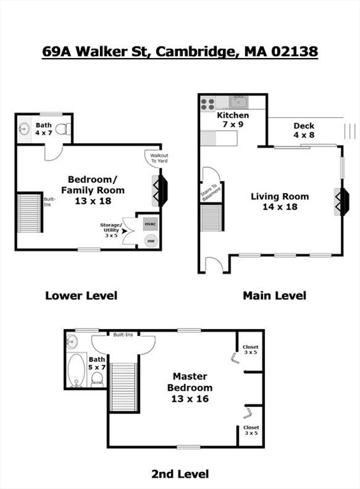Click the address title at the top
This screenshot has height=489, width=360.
(180, 52)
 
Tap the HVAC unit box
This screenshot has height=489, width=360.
(150, 224)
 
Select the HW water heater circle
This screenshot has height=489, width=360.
(150, 241)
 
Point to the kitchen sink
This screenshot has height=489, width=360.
(240, 101)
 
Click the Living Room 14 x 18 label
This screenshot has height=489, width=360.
(280, 201)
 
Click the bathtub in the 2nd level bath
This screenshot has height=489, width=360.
(78, 370)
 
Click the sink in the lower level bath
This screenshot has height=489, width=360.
(24, 129)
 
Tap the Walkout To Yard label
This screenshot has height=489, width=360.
(159, 157)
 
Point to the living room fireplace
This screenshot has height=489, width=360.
(343, 202)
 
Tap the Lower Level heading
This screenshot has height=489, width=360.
(81, 295)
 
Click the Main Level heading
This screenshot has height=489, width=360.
(274, 295)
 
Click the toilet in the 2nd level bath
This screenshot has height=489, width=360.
(97, 379)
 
